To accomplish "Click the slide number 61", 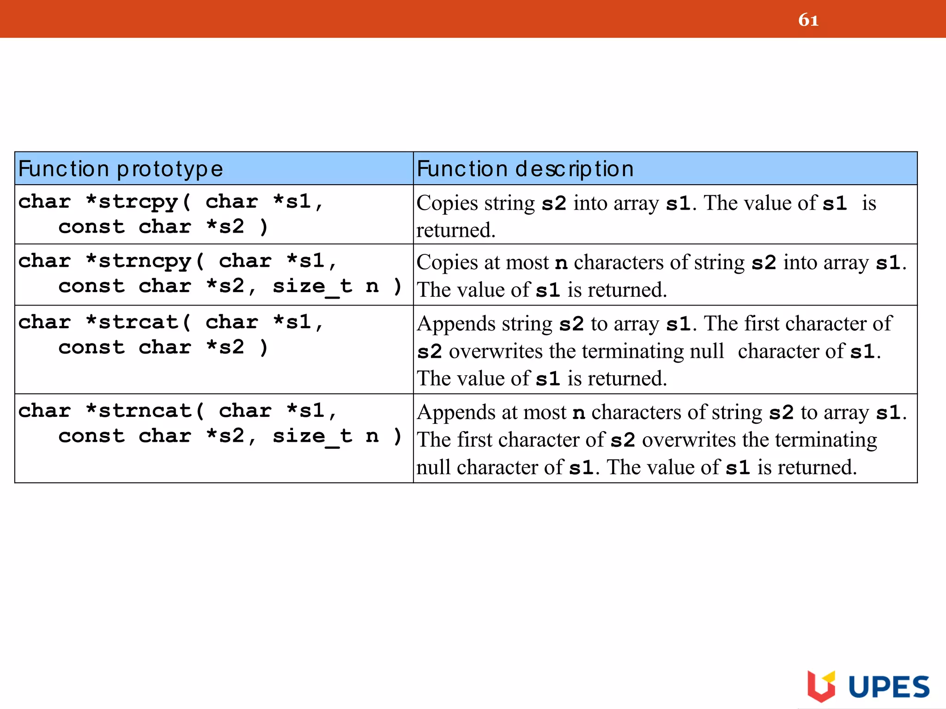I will click(808, 20).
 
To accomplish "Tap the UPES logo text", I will click(889, 687).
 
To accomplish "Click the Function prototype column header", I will click(121, 169).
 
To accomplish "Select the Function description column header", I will click(525, 169).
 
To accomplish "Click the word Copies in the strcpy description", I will click(447, 203).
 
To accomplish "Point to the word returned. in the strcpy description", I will click(456, 230).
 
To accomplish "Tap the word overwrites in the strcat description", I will click(496, 352).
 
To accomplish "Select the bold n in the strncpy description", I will click(561, 263).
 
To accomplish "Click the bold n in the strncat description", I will click(579, 413).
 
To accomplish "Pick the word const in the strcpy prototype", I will click(91, 227).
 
